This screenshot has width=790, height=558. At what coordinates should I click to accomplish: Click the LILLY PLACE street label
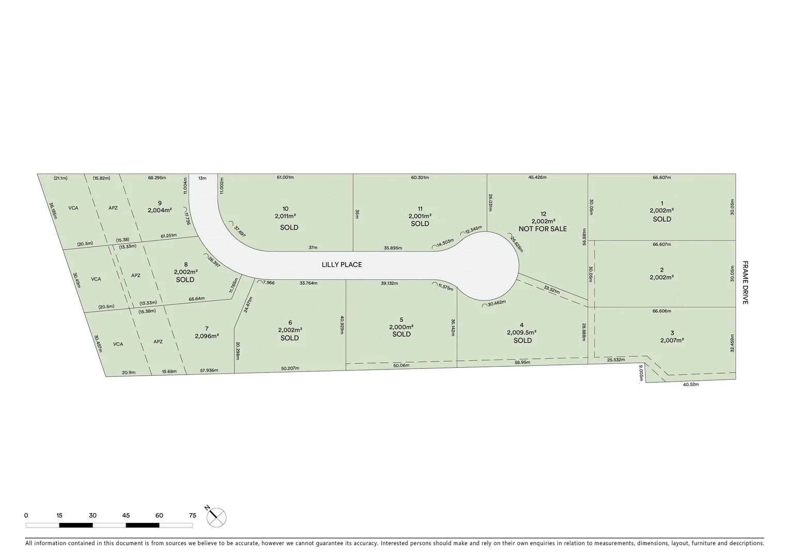342,265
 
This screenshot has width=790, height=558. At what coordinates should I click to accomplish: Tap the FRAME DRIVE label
745,282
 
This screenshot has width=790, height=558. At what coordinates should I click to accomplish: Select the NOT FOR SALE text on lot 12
543,229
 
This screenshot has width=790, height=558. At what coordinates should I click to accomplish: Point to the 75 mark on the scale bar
193,515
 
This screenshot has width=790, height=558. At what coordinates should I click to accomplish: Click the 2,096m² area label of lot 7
207,336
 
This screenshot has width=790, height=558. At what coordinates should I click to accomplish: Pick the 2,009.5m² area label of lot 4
522,333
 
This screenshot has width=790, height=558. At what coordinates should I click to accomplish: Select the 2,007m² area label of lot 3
672,340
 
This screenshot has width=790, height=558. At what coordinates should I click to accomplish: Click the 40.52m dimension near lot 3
690,384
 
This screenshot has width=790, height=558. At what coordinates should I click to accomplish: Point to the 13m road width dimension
202,178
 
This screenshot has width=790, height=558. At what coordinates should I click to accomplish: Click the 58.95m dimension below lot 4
522,363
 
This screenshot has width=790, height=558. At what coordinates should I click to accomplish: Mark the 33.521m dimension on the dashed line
552,290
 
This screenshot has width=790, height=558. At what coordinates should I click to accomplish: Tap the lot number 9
160,203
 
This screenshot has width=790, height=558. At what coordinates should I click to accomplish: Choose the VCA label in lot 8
96,279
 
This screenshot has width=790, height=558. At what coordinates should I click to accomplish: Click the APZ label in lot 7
158,342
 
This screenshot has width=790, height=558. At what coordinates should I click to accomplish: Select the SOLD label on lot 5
401,334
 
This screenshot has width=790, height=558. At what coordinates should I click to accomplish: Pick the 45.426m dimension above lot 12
537,178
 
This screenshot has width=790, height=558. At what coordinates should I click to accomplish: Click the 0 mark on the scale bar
26,515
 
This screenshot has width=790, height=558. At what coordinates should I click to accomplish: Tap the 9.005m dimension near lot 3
641,373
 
